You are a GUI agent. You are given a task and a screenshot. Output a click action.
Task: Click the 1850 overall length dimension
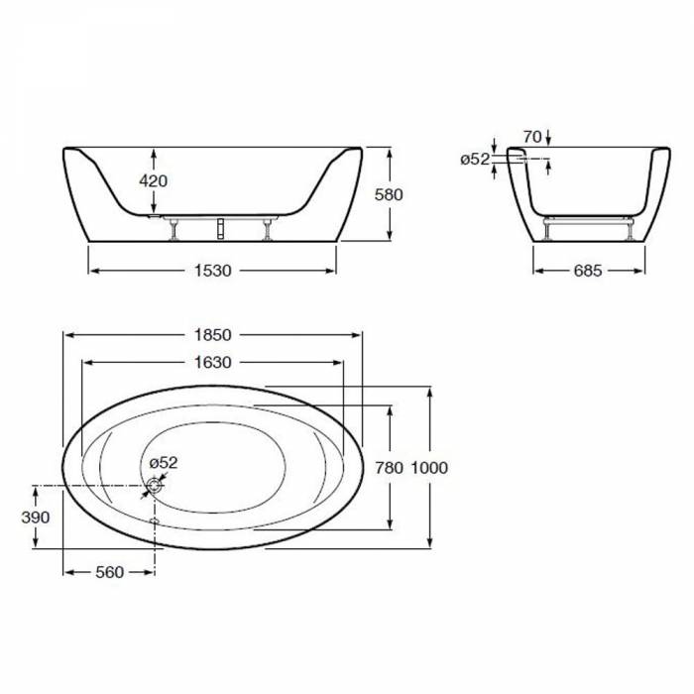(213, 335)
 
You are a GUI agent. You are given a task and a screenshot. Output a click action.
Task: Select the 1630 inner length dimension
(213, 363)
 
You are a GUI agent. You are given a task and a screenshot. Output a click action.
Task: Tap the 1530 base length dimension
(213, 271)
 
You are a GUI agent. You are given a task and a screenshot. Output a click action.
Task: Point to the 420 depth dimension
(153, 180)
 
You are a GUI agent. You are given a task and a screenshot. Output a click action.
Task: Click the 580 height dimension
(389, 194)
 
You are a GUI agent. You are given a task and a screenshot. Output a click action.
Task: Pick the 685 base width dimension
(588, 271)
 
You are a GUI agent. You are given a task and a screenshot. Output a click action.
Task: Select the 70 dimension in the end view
(532, 137)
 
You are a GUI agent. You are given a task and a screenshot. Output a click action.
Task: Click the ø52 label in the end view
(475, 160)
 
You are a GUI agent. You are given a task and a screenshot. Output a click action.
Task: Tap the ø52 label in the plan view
(164, 463)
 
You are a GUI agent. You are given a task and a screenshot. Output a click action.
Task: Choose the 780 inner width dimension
(389, 468)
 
